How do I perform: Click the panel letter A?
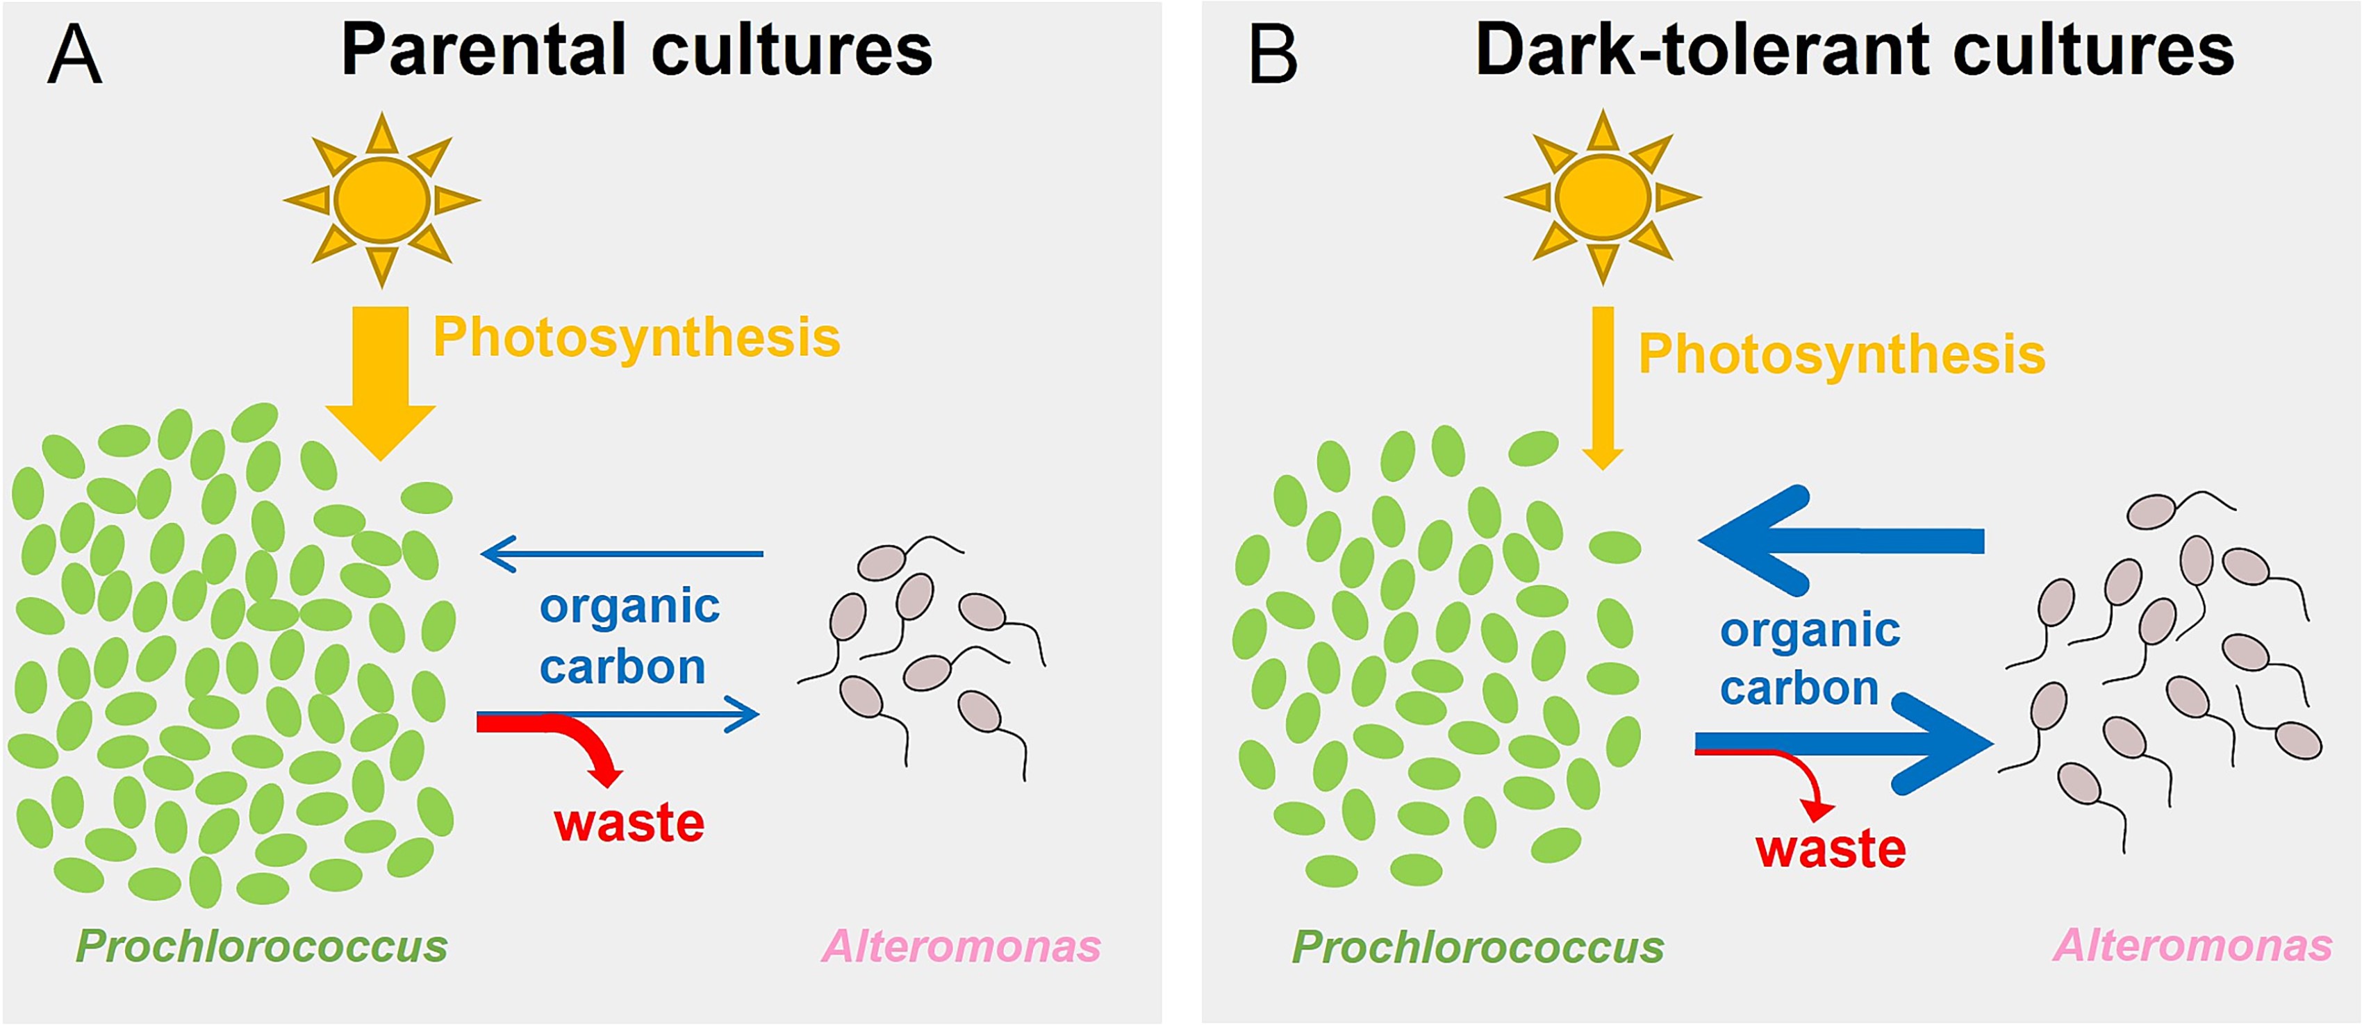click(x=74, y=54)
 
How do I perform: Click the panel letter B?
click(x=1273, y=54)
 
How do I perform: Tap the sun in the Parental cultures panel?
click(x=381, y=200)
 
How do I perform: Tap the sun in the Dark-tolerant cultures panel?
click(x=1602, y=198)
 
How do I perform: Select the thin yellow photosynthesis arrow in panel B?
click(x=1603, y=385)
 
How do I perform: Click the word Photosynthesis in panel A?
click(x=636, y=337)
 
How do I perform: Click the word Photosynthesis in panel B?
click(x=1841, y=355)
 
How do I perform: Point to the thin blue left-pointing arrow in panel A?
click(x=624, y=553)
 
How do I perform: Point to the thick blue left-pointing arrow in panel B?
click(x=1843, y=541)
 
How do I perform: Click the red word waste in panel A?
click(x=629, y=822)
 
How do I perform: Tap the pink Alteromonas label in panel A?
click(x=961, y=946)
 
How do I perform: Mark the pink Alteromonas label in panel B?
click(x=2192, y=945)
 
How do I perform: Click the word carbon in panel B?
click(x=1799, y=688)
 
